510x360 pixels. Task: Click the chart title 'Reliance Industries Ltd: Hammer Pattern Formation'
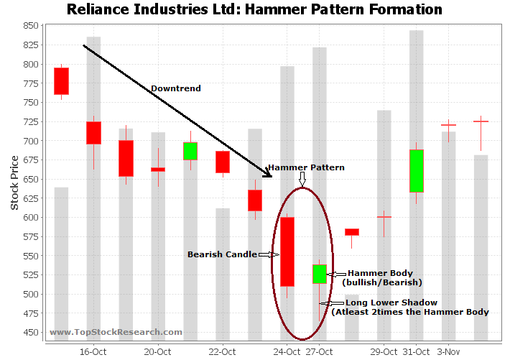point(254,9)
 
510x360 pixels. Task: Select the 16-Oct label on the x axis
point(93,351)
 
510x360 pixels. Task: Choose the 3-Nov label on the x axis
point(448,351)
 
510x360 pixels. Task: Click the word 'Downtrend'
point(175,88)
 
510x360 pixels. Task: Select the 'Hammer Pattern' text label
point(306,167)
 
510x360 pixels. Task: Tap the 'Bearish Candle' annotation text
point(221,254)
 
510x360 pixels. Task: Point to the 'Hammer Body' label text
point(380,273)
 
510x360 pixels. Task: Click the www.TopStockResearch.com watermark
point(116,332)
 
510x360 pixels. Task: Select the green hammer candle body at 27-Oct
point(320,274)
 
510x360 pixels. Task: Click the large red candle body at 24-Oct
point(287,251)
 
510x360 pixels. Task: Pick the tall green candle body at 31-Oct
point(417,171)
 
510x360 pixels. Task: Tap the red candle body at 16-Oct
point(93,133)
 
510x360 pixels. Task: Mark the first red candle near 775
point(61,81)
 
